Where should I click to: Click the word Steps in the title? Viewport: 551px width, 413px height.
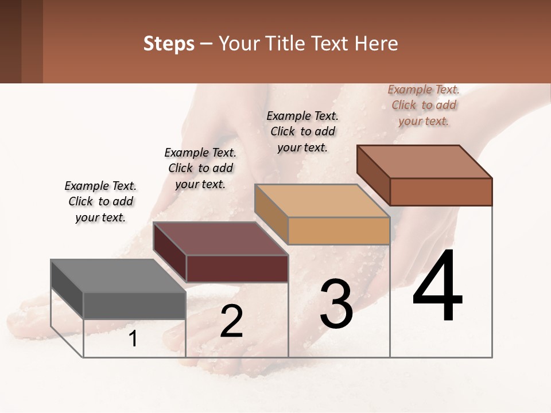169,44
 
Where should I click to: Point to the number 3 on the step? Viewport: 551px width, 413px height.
336,304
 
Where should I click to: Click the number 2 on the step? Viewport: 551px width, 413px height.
231,321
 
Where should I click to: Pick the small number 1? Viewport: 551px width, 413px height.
133,339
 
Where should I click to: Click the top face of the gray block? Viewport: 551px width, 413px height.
118,276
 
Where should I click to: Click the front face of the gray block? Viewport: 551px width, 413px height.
134,305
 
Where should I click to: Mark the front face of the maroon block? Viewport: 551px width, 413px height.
237,268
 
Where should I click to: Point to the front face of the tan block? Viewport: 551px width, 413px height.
339,231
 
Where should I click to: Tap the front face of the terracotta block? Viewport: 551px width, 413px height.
441,192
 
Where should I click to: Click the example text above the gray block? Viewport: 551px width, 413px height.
100,201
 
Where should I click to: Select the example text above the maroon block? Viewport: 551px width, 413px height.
200,168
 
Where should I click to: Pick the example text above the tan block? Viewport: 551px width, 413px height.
302,131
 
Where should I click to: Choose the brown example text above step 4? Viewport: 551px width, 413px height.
424,105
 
